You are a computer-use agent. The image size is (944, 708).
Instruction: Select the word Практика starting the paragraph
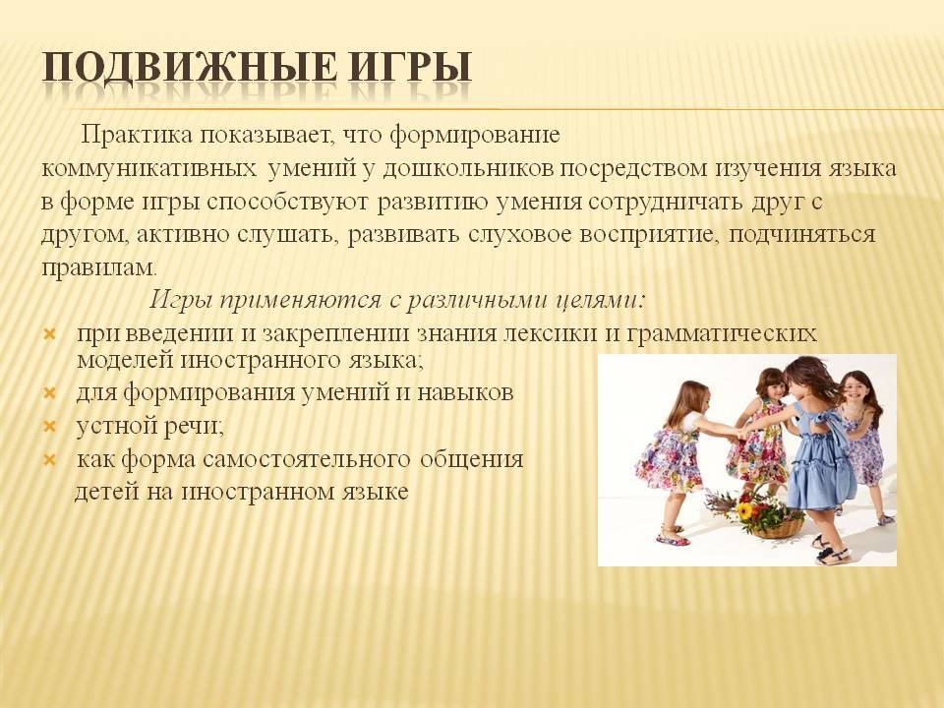pyautogui.click(x=138, y=135)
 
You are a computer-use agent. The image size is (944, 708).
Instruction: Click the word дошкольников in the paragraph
pyautogui.click(x=468, y=168)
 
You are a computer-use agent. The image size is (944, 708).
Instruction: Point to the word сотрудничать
pyautogui.click(x=666, y=202)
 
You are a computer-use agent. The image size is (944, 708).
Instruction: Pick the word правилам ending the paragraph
pyautogui.click(x=98, y=267)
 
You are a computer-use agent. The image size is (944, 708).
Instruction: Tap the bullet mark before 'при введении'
pyautogui.click(x=50, y=334)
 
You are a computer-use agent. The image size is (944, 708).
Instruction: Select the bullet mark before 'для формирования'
pyautogui.click(x=50, y=393)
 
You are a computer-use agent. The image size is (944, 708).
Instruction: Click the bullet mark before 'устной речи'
pyautogui.click(x=50, y=427)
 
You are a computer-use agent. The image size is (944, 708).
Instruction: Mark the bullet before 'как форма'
pyautogui.click(x=50, y=460)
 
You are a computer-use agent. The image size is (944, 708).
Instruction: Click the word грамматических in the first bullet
pyautogui.click(x=722, y=333)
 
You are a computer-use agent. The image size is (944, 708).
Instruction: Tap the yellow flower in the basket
pyautogui.click(x=744, y=511)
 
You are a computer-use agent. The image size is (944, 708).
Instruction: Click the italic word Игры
pyautogui.click(x=181, y=300)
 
